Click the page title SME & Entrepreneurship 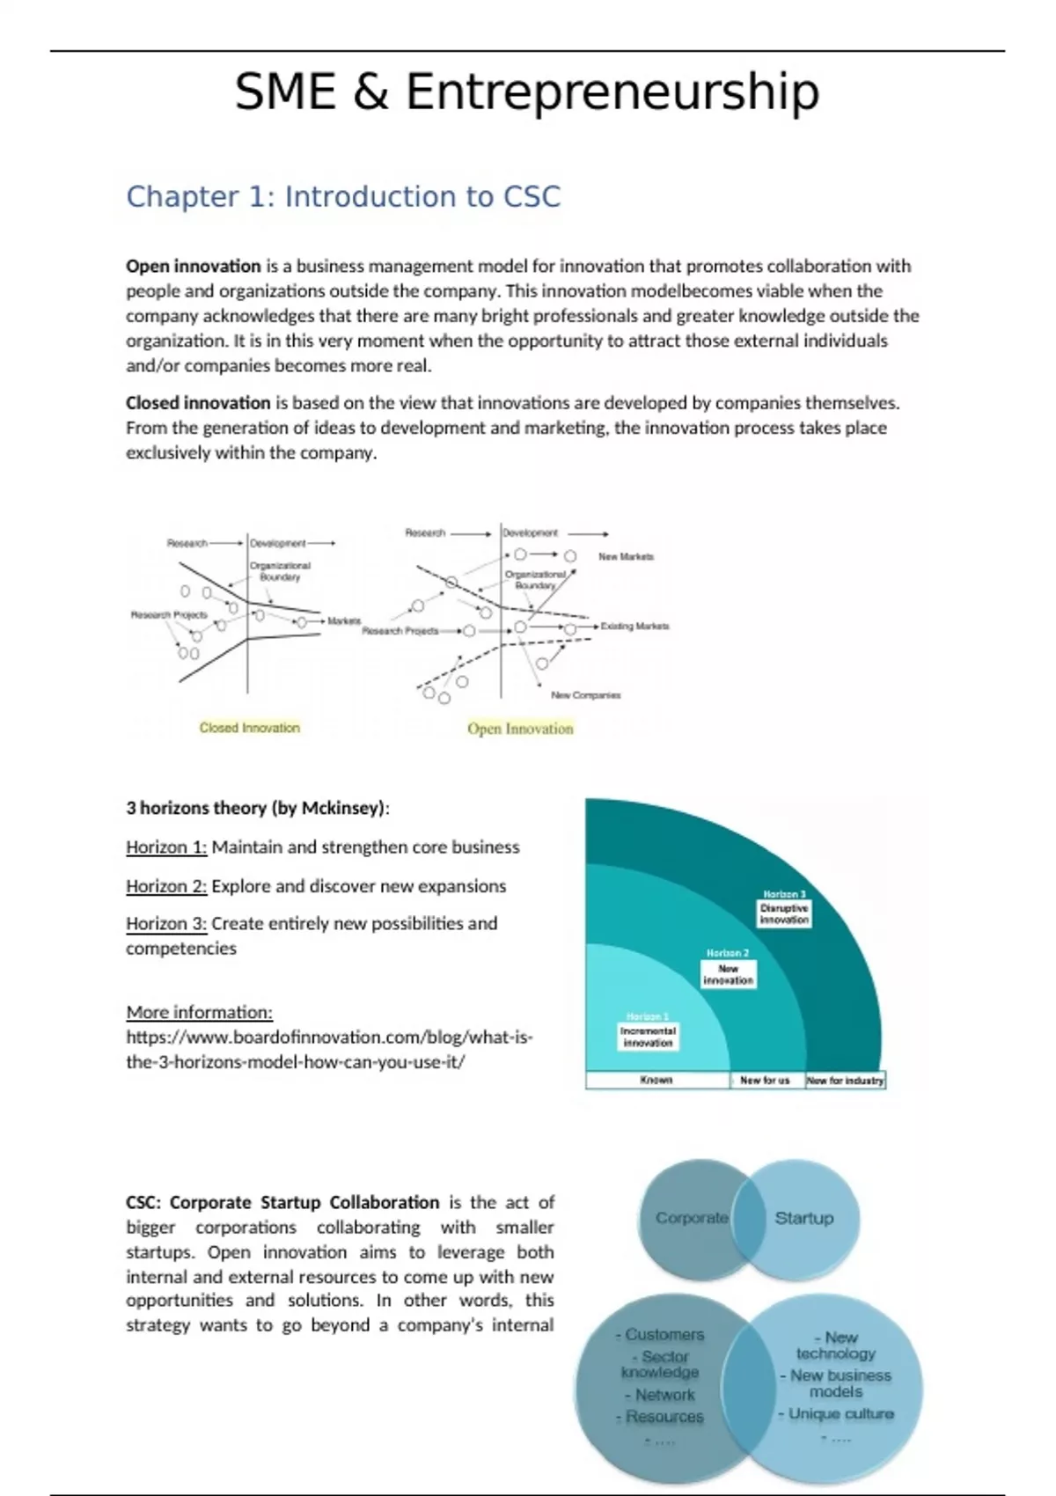(x=527, y=92)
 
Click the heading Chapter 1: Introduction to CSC (x=343, y=196)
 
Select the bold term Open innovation (x=194, y=266)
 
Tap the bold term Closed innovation (x=198, y=403)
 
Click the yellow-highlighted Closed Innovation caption (x=250, y=728)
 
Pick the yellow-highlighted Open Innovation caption (x=520, y=729)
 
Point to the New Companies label (x=585, y=695)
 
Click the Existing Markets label (x=634, y=627)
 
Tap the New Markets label (x=626, y=557)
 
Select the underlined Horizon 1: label (x=166, y=847)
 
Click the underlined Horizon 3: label (x=166, y=924)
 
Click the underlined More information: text (x=199, y=1012)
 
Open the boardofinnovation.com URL (x=329, y=1049)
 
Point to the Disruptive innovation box (x=784, y=913)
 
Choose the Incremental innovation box (x=648, y=1037)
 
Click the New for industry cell (x=845, y=1080)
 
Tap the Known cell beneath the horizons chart (x=656, y=1080)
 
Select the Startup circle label (x=803, y=1218)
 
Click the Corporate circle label (x=692, y=1218)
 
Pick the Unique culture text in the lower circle (x=840, y=1413)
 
